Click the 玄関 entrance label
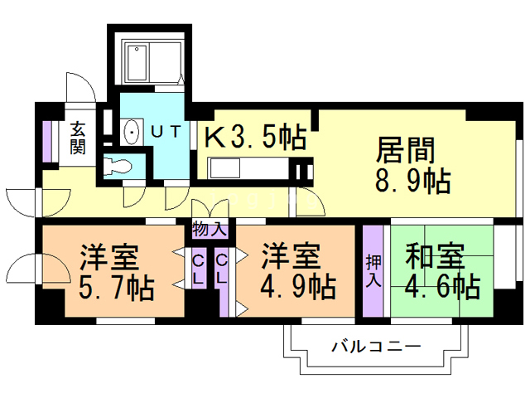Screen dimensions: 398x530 click(78, 138)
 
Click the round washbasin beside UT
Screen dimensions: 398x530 click(131, 132)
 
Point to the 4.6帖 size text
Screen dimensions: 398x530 click(442, 287)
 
